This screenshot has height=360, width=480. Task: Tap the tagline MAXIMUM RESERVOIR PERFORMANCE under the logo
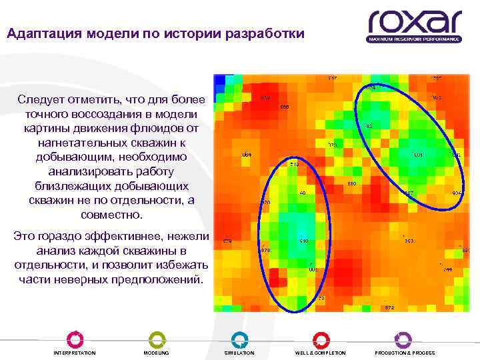tap(414, 39)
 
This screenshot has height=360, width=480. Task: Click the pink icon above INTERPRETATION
tap(75, 339)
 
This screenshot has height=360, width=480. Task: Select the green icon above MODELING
tap(157, 339)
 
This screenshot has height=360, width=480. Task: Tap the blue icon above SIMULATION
tap(239, 339)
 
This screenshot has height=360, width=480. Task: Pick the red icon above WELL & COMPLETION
tap(321, 339)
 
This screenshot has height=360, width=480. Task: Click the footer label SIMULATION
tap(239, 353)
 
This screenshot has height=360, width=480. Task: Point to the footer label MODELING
tap(157, 353)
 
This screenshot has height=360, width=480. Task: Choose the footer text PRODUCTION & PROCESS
tap(405, 353)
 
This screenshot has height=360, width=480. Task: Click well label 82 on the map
tap(369, 125)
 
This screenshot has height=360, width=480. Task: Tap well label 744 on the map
tap(447, 269)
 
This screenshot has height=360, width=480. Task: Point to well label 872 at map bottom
tap(390, 307)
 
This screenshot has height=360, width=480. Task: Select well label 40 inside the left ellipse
tap(302, 193)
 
